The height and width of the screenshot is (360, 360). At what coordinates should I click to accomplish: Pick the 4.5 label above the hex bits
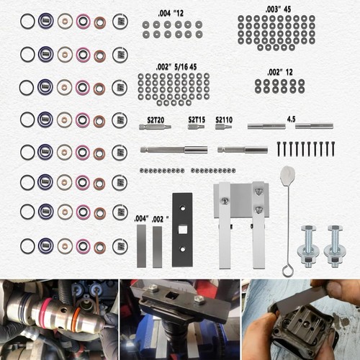(x=291, y=117)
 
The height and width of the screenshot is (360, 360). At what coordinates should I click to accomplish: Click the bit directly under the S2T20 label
(x=154, y=127)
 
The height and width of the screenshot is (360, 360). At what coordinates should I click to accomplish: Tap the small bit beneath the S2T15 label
(x=196, y=127)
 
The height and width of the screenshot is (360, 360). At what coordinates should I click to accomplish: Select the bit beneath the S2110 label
(x=223, y=127)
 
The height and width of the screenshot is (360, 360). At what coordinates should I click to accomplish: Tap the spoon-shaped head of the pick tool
(x=288, y=174)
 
